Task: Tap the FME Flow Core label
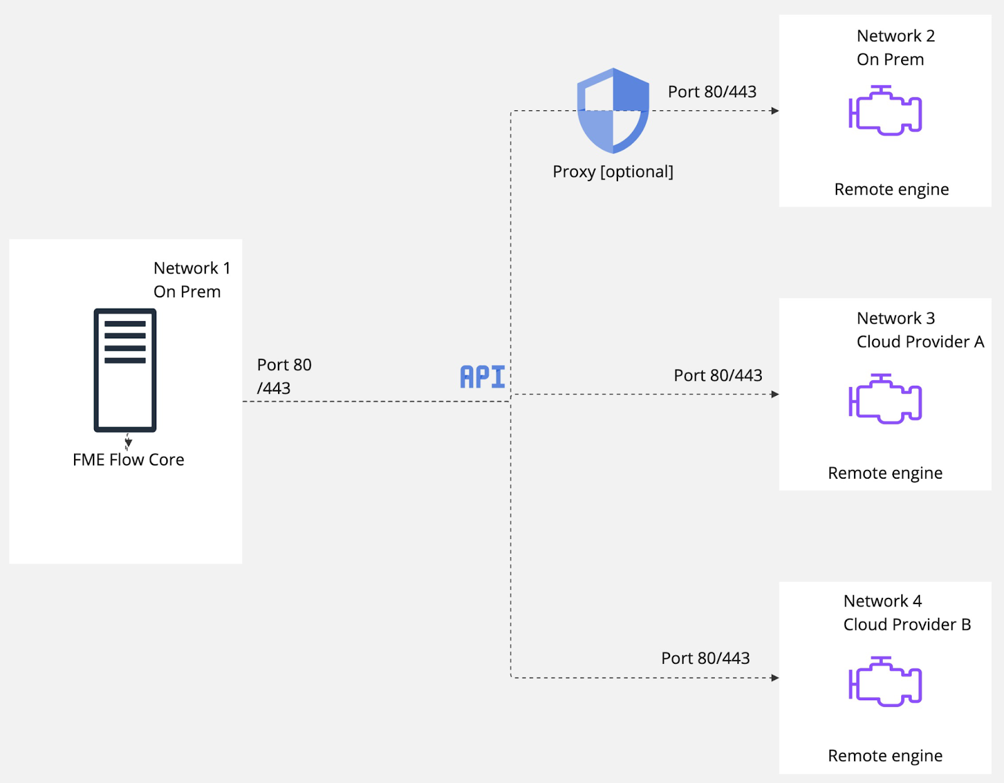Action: click(129, 460)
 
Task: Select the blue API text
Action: click(482, 376)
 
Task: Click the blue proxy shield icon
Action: click(613, 110)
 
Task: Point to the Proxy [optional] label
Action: click(613, 172)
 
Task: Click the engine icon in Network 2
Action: click(885, 110)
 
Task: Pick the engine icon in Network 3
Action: click(885, 398)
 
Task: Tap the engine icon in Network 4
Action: click(885, 681)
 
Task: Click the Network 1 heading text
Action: click(192, 268)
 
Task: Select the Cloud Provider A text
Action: click(921, 342)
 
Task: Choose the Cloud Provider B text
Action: click(907, 624)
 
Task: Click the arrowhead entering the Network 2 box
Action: click(776, 111)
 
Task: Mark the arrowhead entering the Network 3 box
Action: click(776, 395)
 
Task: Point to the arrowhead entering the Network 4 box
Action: click(776, 678)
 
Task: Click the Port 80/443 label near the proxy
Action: click(712, 92)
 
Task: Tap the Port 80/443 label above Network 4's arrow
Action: click(705, 658)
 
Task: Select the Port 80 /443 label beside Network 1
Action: click(284, 376)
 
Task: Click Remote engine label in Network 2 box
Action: click(891, 189)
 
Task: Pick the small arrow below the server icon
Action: click(128, 442)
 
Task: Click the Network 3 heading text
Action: click(895, 318)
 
